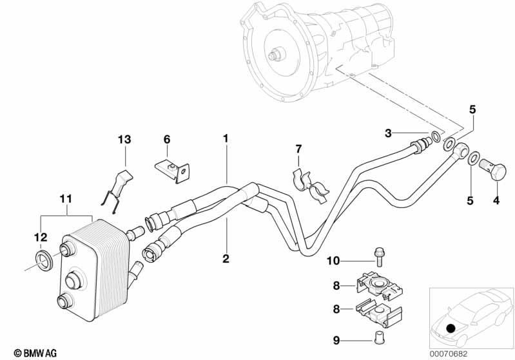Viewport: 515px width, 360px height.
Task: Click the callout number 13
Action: [124, 140]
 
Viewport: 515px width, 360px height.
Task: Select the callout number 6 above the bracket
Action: [167, 139]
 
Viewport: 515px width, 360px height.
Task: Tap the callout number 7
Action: [298, 149]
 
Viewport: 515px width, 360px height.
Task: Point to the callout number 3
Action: [388, 133]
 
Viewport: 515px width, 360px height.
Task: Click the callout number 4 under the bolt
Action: [496, 200]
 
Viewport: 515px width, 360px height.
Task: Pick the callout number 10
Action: [333, 261]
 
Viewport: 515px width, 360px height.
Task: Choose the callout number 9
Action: [336, 341]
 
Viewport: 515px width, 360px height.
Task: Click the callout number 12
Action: [41, 237]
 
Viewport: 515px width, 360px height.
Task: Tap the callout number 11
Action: [66, 199]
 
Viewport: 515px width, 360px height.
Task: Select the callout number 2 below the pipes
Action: [226, 259]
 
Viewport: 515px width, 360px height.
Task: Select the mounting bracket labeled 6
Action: [173, 171]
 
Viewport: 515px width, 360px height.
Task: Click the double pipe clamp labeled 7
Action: [310, 186]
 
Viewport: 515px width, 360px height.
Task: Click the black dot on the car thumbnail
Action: [451, 328]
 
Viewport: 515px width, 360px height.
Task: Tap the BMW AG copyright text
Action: [35, 353]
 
